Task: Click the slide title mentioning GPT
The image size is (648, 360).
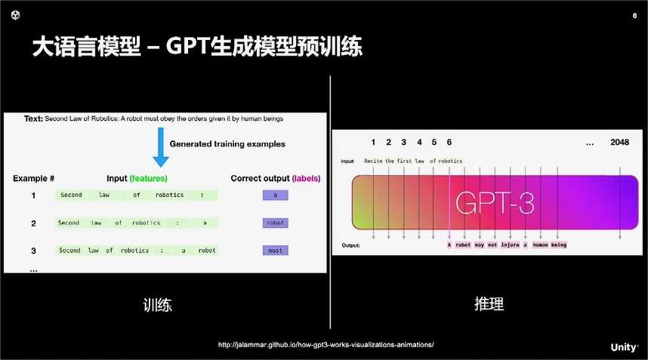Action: tap(196, 48)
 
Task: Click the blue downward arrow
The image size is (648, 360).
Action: tap(161, 148)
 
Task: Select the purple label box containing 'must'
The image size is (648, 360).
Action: tap(275, 250)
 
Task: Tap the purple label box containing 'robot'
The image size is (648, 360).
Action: tap(275, 223)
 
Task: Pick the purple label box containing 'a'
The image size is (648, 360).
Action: tap(275, 195)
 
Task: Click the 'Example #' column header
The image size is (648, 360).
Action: tap(33, 179)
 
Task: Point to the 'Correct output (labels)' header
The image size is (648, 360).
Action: tap(275, 179)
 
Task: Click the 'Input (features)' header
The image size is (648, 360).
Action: tap(137, 179)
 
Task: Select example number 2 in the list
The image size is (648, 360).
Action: tap(33, 223)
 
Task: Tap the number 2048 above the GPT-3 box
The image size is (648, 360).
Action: tap(619, 142)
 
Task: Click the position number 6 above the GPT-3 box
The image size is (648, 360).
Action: tap(449, 142)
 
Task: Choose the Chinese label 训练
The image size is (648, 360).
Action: tap(158, 305)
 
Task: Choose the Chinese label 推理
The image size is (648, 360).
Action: tap(489, 304)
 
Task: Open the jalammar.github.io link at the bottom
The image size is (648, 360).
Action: tap(326, 345)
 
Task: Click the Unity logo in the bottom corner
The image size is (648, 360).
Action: tap(624, 347)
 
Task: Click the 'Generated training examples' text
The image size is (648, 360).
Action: tap(227, 143)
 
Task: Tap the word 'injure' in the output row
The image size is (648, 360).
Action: tap(510, 245)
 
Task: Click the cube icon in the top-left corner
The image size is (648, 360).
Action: tap(16, 15)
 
